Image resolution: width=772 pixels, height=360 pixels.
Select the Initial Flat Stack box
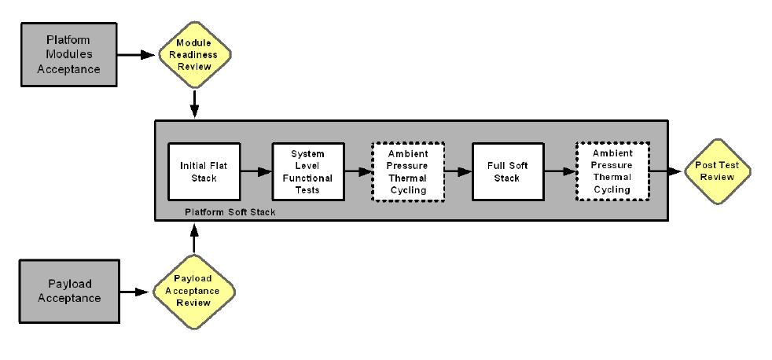(x=203, y=171)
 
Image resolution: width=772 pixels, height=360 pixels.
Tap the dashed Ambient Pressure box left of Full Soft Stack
(x=407, y=171)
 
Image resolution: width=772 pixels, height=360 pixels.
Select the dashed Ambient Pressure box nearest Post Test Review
(x=612, y=171)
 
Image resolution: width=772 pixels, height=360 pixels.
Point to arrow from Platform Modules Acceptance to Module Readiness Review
(x=139, y=54)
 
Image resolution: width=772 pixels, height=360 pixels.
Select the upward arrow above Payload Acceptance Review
(x=193, y=239)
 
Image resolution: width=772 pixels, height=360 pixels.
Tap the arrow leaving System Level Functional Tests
(x=355, y=171)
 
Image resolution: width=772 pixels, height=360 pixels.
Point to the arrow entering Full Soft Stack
(x=458, y=171)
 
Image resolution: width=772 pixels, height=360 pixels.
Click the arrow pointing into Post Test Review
(x=667, y=171)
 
